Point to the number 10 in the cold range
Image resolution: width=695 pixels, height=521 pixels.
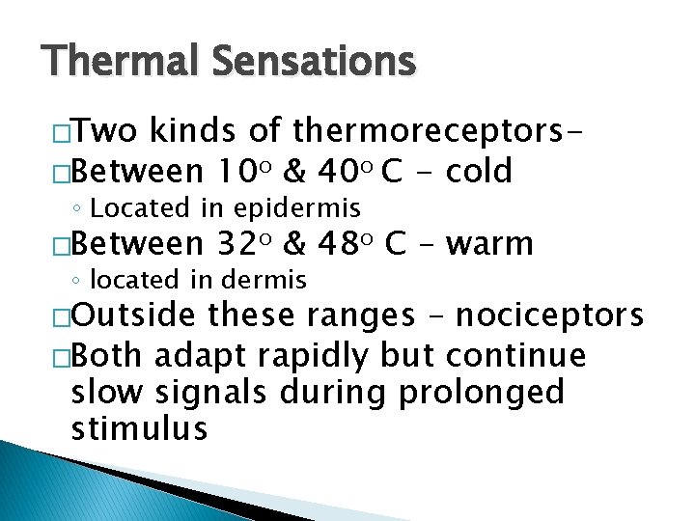[229, 172]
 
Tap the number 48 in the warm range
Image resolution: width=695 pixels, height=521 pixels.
[336, 244]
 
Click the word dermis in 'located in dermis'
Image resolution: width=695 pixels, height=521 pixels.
[264, 281]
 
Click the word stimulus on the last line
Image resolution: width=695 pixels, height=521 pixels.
[139, 427]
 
